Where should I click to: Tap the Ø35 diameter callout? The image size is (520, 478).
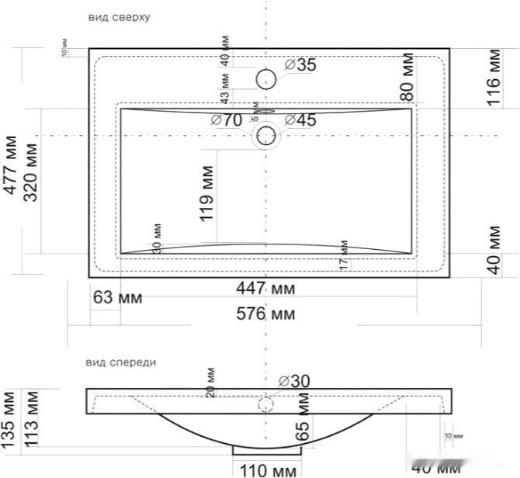pos(301,65)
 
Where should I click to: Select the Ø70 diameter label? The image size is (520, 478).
pos(227,119)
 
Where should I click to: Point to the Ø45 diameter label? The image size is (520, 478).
pos(300,119)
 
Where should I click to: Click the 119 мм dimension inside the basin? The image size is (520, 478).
pos(207,193)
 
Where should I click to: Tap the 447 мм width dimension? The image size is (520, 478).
pos(265,289)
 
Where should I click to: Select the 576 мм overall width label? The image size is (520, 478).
pos(265,314)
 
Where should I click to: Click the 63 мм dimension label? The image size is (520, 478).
pos(117,297)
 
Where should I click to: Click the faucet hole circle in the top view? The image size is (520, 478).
pos(266,78)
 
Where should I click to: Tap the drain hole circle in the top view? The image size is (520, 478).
pos(266,136)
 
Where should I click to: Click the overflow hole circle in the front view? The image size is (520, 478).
pos(266,404)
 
